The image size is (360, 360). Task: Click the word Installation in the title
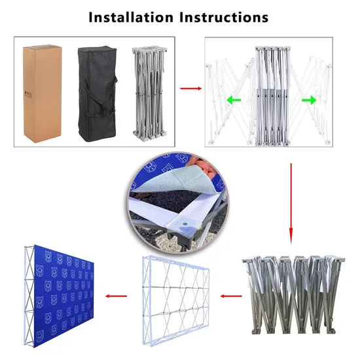pyautogui.click(x=130, y=17)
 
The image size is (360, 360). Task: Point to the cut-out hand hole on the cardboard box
pyautogui.click(x=27, y=92)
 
